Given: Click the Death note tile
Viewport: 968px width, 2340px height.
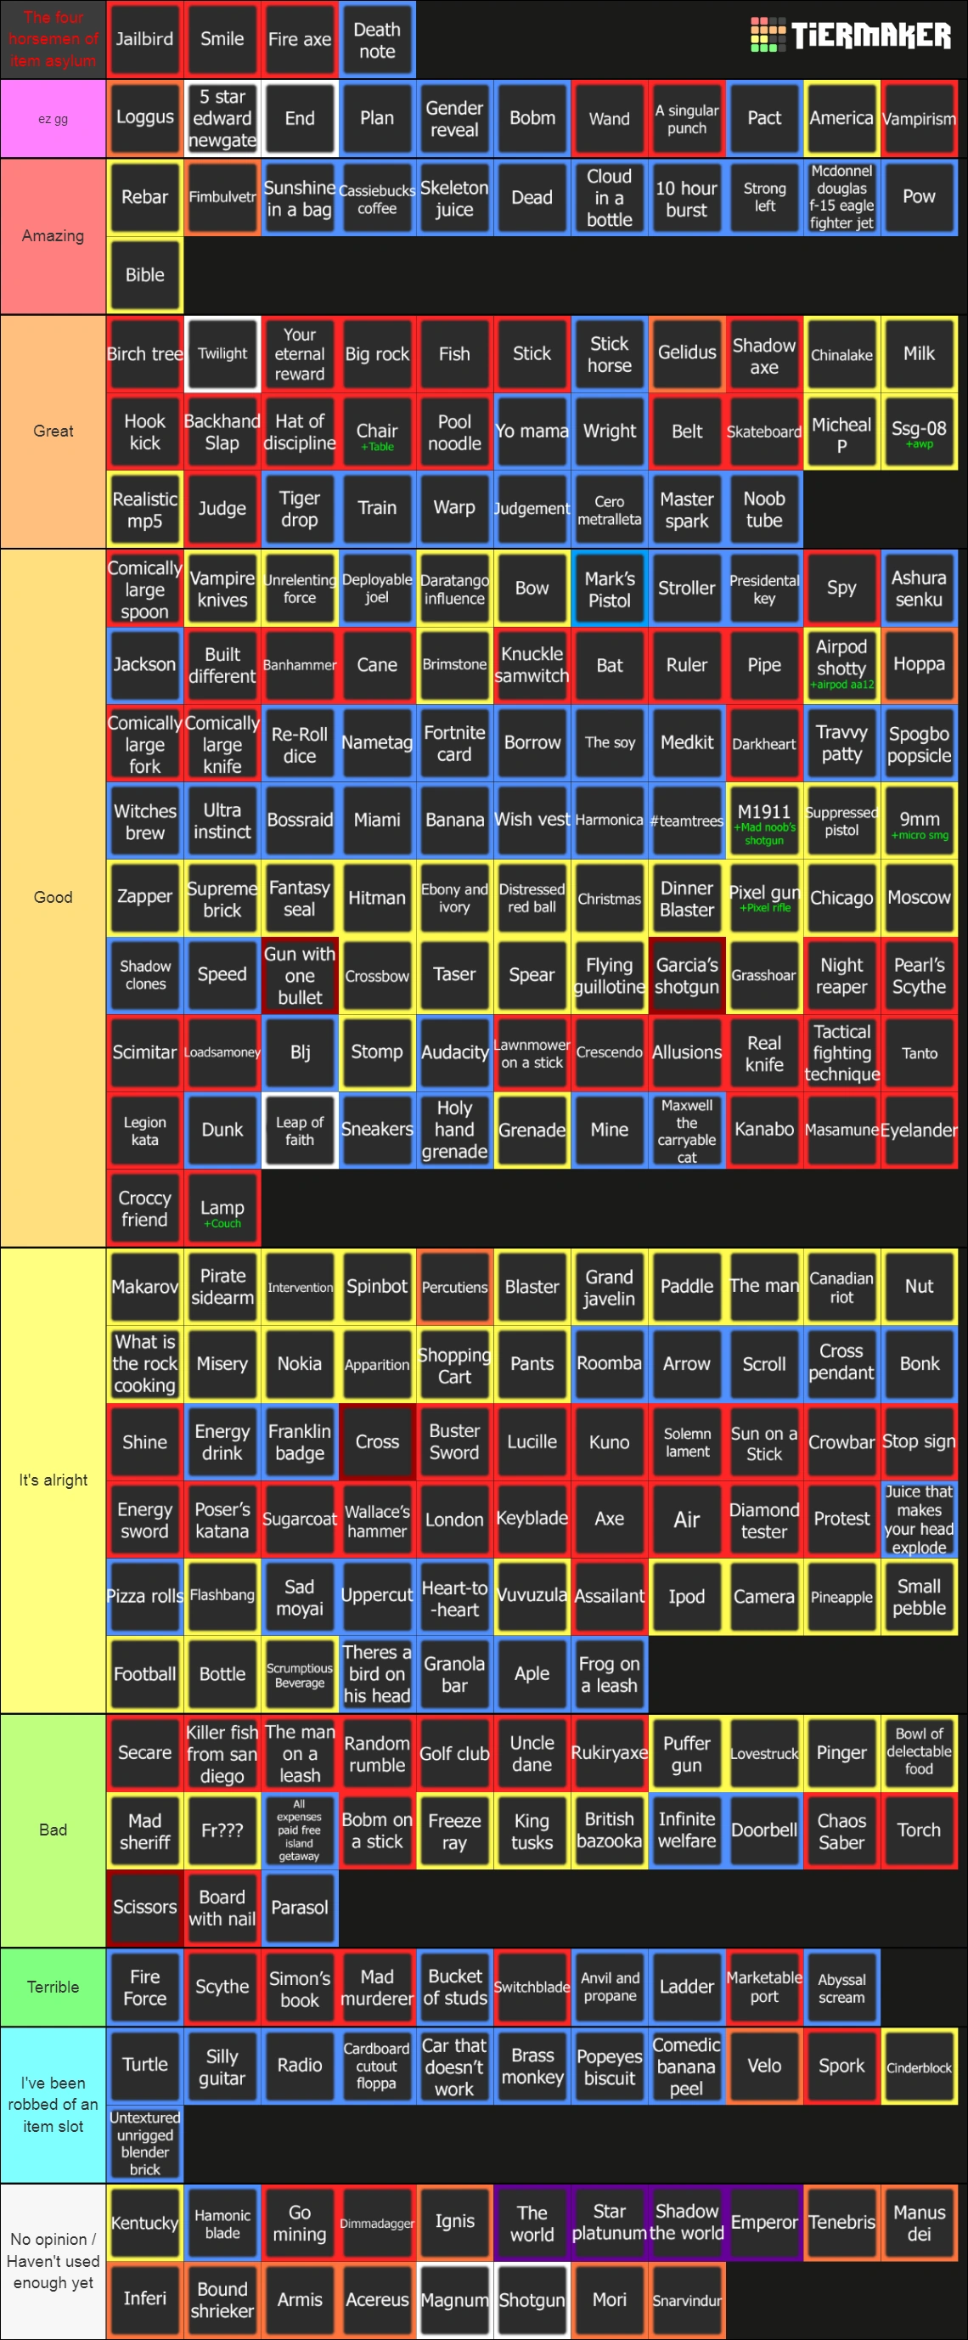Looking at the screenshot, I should (x=377, y=40).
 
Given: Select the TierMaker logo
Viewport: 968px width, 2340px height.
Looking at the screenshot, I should (x=850, y=36).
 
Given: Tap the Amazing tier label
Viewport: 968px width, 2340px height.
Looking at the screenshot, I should (x=53, y=236).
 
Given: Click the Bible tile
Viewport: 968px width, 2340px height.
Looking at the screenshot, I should (x=144, y=275).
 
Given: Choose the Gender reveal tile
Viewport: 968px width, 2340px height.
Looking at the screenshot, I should (x=454, y=118).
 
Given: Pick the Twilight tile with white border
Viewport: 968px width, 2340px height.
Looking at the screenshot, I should (x=222, y=353).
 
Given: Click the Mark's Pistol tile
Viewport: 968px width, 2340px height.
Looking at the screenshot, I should (x=610, y=589).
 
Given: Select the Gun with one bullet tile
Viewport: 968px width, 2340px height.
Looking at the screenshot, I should (x=300, y=976).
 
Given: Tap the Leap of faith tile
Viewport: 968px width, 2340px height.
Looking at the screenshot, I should (x=300, y=1130).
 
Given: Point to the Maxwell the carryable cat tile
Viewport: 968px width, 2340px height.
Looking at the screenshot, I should (x=686, y=1130).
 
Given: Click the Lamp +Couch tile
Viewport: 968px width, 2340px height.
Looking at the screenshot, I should (x=222, y=1208).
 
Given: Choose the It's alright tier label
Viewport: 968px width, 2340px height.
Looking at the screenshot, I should (x=53, y=1480).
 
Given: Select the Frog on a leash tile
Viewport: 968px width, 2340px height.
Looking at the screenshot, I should (x=610, y=1673).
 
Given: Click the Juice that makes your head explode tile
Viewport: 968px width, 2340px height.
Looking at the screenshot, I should (x=919, y=1519).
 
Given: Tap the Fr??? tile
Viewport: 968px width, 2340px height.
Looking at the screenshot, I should (x=222, y=1830).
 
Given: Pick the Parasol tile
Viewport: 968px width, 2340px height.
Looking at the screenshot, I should (x=300, y=1907).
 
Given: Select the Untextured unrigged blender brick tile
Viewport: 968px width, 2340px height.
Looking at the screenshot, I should (x=144, y=2143).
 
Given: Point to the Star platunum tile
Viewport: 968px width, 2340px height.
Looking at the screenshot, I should (x=610, y=2222).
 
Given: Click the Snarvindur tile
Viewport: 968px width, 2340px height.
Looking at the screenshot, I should (x=686, y=2300).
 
